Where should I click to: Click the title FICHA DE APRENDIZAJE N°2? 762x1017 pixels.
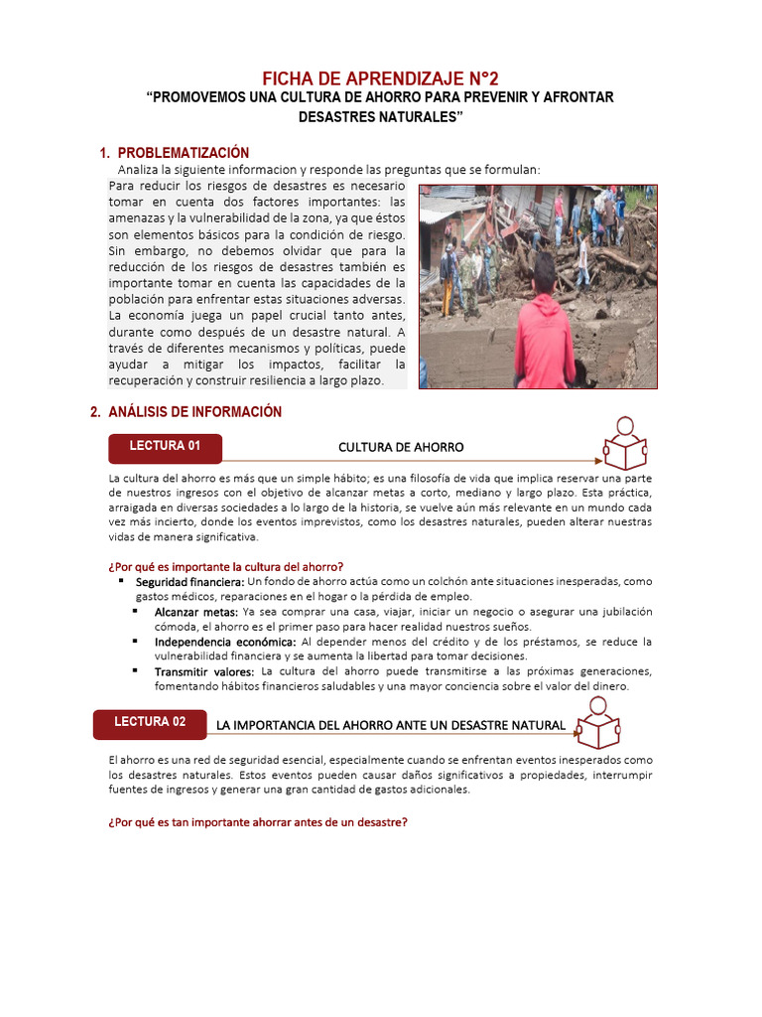[381, 78]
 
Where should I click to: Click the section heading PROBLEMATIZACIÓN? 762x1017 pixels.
[183, 153]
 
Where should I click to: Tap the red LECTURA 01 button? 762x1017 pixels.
[165, 447]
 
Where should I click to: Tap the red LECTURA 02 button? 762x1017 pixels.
[150, 723]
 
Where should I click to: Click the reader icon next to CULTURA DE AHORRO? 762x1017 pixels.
[625, 444]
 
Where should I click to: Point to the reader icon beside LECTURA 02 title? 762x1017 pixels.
[598, 723]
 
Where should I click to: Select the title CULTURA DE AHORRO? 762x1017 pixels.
[401, 448]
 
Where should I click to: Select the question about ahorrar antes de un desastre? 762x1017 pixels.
[258, 822]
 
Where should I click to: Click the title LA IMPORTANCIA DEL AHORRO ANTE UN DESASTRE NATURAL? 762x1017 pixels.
[391, 726]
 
